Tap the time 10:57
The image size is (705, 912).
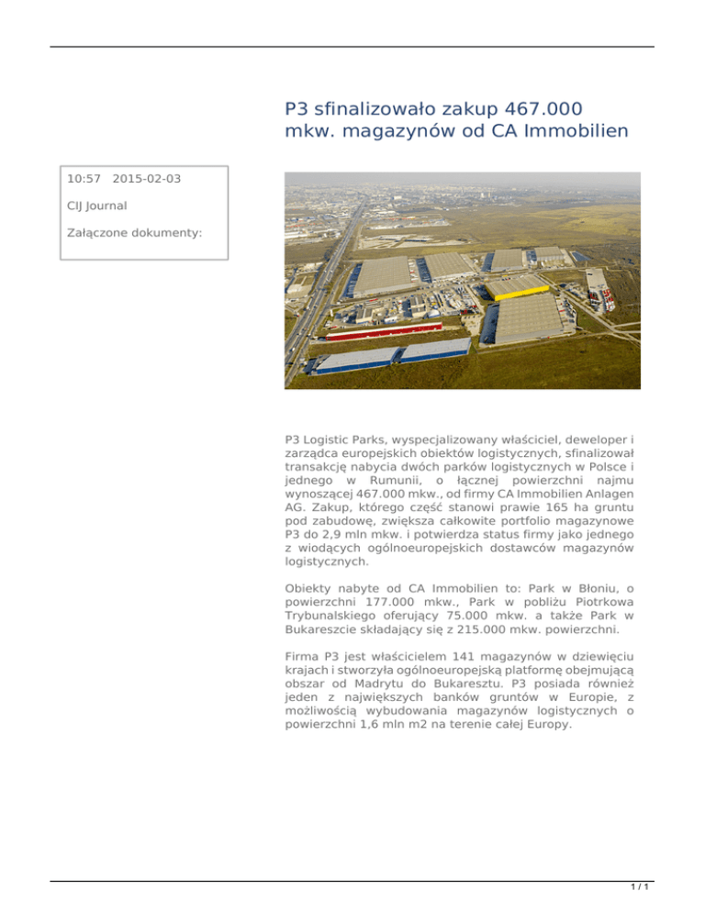coord(84,178)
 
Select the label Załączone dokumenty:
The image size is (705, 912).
coord(134,233)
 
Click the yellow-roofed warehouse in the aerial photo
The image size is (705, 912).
coord(517,288)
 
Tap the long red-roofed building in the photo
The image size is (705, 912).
coord(386,330)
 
